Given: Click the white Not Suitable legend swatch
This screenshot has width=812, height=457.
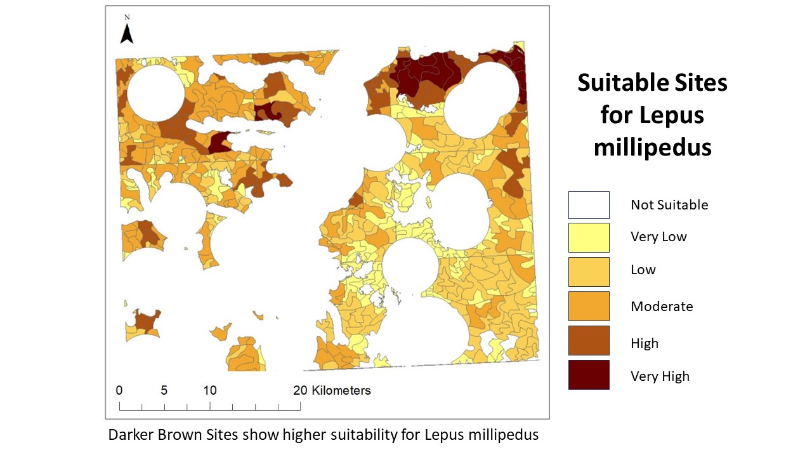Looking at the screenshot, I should point(589,205).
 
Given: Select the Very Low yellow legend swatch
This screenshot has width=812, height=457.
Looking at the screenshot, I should point(589,237).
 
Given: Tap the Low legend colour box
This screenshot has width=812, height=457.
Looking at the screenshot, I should point(589,272).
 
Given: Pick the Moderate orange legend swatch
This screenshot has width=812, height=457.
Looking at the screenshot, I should point(589,306).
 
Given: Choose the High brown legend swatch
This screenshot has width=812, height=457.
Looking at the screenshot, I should point(589,340).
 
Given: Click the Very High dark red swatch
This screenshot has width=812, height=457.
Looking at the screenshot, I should point(589,374).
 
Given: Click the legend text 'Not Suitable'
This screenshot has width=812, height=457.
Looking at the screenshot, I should point(669,205).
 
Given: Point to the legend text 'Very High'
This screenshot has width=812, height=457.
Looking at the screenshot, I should point(660,376).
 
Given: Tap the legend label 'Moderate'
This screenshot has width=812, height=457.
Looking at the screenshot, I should point(662,307).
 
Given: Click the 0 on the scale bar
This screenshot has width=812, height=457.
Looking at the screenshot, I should point(119,390).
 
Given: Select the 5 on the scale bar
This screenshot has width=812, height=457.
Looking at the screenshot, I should point(164,390).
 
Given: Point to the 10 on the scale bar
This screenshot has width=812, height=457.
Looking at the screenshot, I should point(210,390).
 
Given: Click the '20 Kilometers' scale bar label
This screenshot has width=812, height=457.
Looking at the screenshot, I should point(332,390).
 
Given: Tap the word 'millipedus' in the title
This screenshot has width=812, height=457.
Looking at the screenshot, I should point(652,147).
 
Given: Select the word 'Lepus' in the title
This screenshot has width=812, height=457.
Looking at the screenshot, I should point(671,116).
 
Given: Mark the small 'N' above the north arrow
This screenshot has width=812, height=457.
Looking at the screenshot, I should point(127,17).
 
